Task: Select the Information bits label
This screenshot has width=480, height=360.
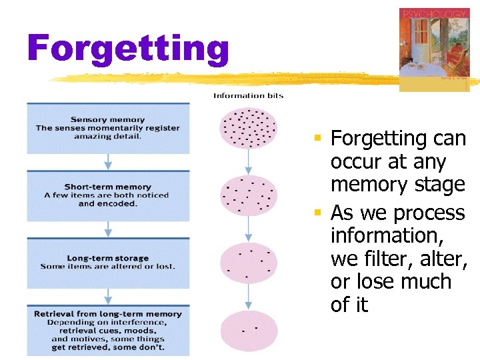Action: pos(248,95)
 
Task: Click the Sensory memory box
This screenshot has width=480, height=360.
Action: pos(107,128)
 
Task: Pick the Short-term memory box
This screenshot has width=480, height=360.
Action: pos(107,195)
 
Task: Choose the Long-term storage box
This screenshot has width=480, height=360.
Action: pos(107,263)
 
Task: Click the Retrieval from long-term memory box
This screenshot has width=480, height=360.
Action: pos(107,330)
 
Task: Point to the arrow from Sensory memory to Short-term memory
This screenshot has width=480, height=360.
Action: pos(107,162)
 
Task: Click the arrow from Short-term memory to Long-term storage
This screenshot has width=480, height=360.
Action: pos(107,229)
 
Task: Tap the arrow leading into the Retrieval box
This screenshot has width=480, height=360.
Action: pos(107,297)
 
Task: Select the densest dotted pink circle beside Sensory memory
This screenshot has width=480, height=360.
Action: pos(248,127)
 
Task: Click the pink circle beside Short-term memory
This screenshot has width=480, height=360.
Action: pos(248,195)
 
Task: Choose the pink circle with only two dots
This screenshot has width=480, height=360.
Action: pos(248,330)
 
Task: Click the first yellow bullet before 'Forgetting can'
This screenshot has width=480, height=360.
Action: pos(319,139)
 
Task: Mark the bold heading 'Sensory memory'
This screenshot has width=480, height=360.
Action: pos(107,119)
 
